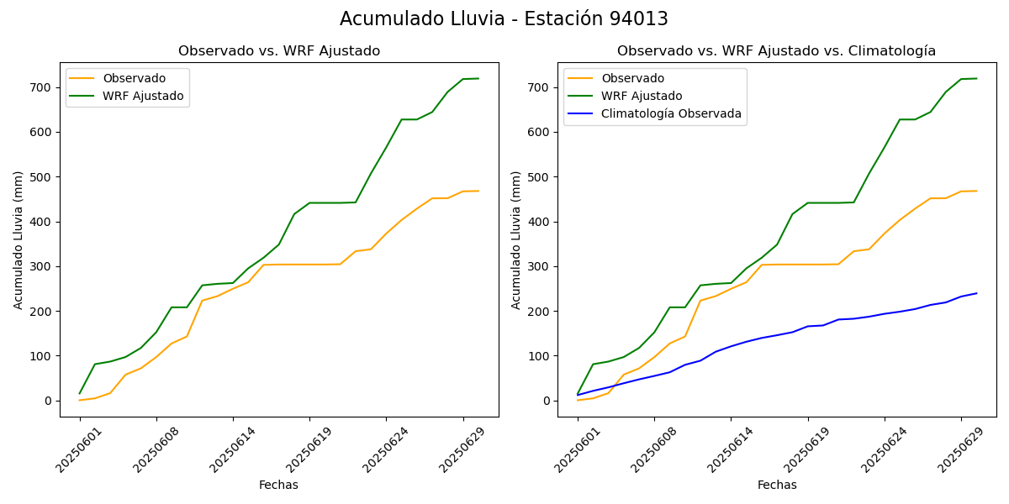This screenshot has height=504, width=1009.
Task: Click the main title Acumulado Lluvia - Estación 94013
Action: coord(504,19)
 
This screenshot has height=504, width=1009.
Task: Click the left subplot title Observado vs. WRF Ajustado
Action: coord(278,51)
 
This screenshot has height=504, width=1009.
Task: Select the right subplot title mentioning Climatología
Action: coord(776,51)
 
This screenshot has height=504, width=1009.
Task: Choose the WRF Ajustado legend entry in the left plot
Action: coord(143,96)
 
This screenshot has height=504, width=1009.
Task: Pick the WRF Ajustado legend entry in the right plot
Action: coord(642,96)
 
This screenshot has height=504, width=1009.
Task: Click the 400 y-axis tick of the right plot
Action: coord(540,222)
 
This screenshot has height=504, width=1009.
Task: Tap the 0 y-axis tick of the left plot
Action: coord(49,401)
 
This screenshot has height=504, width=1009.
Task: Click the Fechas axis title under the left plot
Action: coord(278,485)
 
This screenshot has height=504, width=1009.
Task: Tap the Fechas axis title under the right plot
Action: coord(777,485)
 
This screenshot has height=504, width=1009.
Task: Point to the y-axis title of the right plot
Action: coord(516,239)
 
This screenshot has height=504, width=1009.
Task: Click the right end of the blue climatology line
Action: coord(976,293)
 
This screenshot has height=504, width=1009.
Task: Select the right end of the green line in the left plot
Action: coord(478,79)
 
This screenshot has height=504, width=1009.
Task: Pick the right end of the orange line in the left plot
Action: coord(478,191)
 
